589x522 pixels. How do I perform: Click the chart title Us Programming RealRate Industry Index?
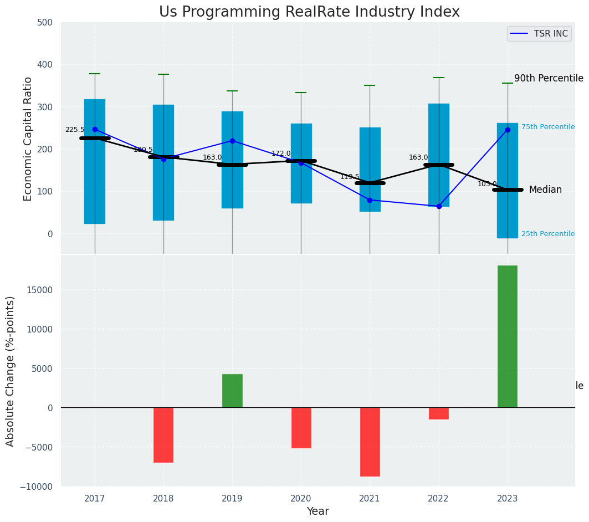point(309,12)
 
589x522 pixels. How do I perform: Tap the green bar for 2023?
point(507,336)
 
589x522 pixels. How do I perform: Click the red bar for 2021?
point(370,442)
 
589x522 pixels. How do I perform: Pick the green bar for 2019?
point(232,391)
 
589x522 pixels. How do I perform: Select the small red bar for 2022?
point(438,413)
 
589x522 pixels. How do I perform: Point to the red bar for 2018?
point(163,434)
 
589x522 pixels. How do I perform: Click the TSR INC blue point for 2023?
point(508,130)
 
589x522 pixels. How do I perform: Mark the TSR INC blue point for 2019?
point(232,141)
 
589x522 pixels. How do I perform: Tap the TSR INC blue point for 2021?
point(370,200)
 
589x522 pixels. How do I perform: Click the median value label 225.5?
point(75,130)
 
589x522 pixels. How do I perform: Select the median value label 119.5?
point(350,177)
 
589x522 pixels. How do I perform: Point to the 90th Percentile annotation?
point(549,79)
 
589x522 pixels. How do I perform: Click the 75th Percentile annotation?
point(547,127)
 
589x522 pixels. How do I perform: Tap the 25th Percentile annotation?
point(547,234)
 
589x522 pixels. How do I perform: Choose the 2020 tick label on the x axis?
point(301,499)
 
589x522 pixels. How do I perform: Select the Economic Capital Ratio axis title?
point(28,138)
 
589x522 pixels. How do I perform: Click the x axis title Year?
point(317,511)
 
